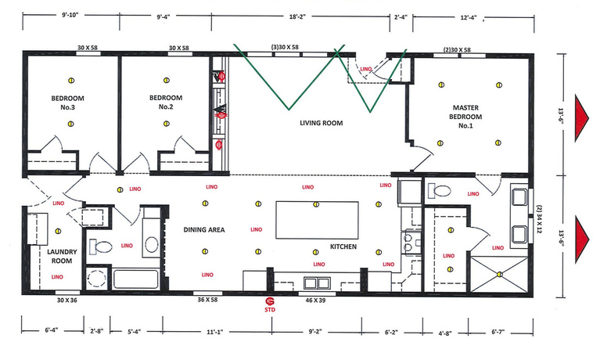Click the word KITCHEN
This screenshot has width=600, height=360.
coord(343,247)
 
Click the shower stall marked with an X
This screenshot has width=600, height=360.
coord(498,274)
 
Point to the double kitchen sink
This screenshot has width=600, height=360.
coord(315,283)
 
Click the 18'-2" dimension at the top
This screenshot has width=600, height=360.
coord(301,15)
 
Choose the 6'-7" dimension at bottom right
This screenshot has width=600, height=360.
coord(500,331)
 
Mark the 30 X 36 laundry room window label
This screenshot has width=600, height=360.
coord(68,300)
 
